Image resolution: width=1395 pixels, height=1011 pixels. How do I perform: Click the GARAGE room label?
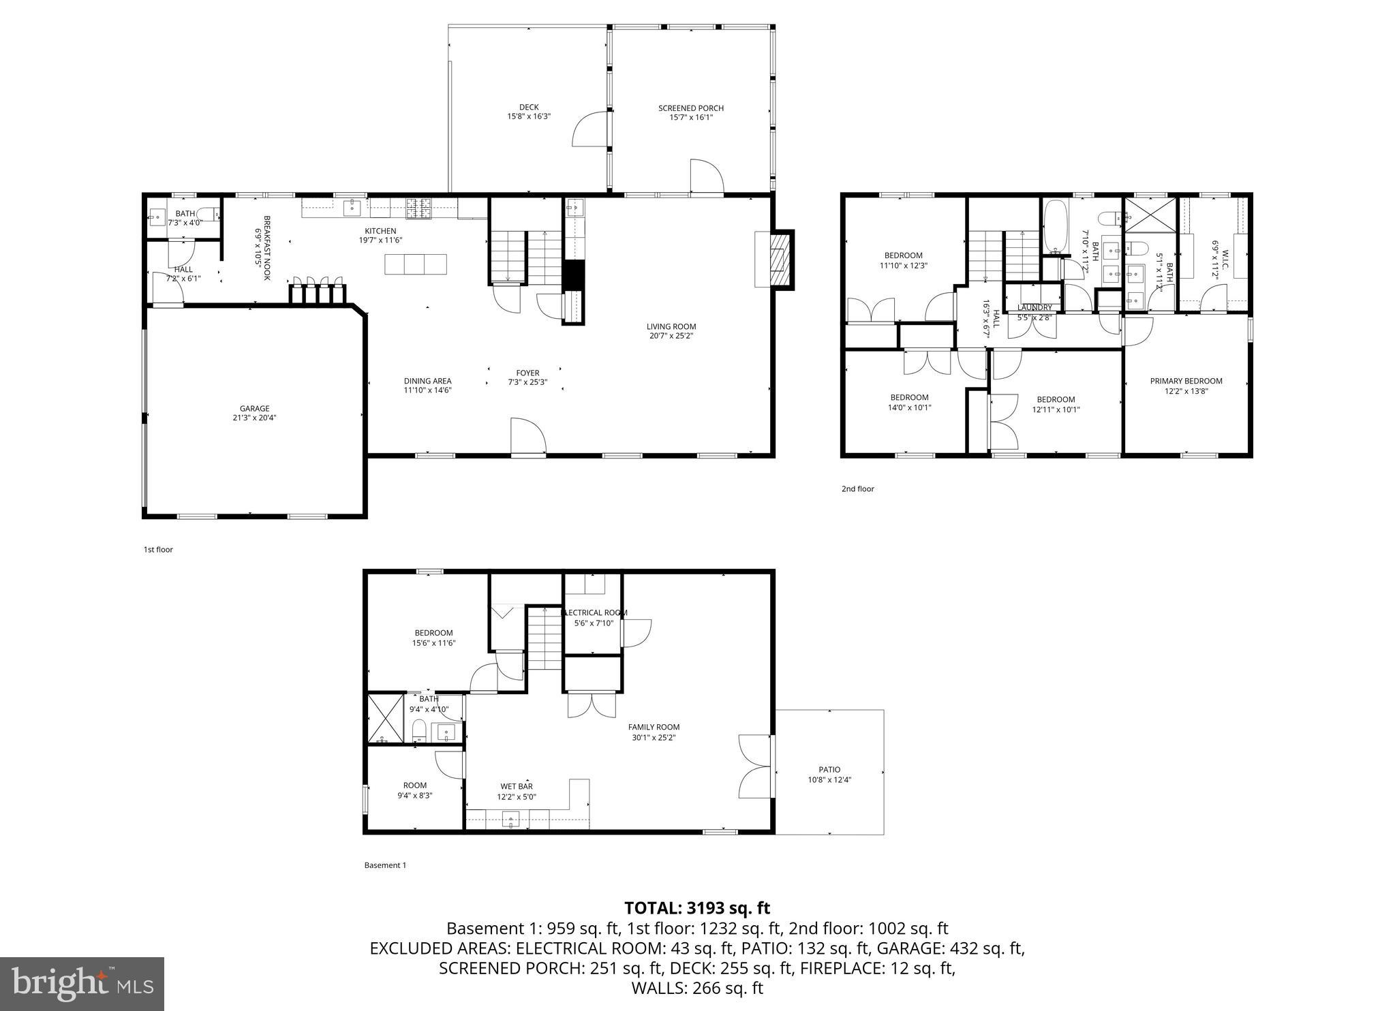(x=254, y=409)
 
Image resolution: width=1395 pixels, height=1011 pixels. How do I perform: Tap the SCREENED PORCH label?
(x=690, y=108)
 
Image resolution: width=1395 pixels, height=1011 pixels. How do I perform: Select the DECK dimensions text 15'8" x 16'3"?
(x=528, y=116)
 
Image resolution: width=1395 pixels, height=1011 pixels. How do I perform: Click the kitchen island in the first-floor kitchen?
(x=416, y=264)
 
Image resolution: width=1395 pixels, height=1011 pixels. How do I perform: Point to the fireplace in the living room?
(x=776, y=260)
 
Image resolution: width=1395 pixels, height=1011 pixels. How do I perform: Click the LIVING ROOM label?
(x=671, y=326)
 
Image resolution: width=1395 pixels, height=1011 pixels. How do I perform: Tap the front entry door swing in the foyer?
(x=528, y=436)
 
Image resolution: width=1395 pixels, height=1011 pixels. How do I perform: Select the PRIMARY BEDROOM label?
(x=1186, y=381)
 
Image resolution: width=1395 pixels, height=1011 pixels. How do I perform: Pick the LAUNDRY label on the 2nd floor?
(x=1034, y=307)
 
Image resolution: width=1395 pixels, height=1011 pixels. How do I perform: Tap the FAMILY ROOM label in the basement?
(x=654, y=727)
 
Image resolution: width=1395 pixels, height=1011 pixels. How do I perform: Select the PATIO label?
(x=829, y=770)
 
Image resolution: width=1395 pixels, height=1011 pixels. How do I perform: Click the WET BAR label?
(x=516, y=786)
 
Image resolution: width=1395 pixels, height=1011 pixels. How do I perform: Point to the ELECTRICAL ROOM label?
(x=594, y=612)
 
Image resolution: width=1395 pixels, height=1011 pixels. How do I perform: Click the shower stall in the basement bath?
(x=385, y=719)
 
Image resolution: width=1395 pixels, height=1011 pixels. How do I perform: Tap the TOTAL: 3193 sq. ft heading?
(x=696, y=908)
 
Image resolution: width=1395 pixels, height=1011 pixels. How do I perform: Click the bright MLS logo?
(x=82, y=984)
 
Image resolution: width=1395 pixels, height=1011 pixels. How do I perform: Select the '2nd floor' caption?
(x=857, y=488)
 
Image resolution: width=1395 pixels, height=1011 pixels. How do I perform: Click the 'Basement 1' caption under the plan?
(x=385, y=865)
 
